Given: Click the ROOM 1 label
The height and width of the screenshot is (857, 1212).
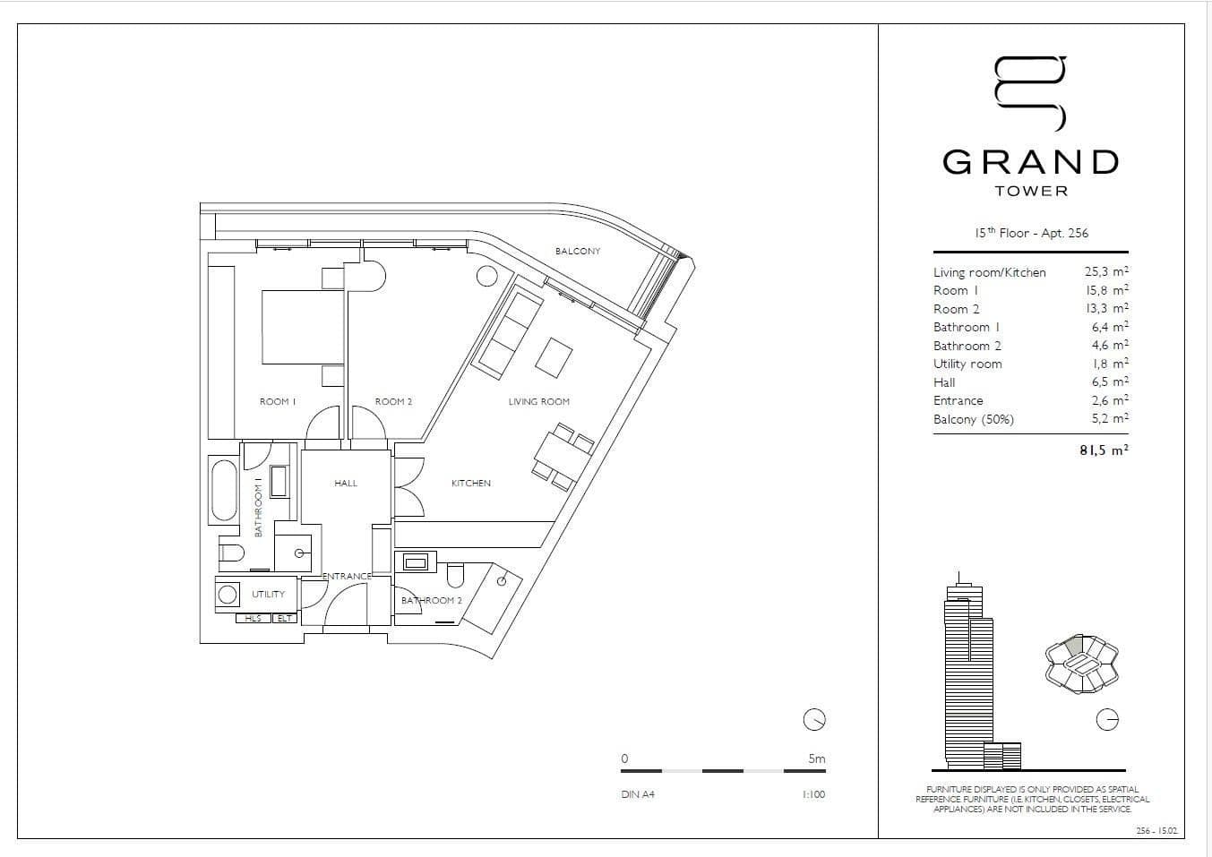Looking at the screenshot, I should [278, 402].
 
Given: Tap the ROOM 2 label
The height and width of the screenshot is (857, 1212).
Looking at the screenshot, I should [393, 402].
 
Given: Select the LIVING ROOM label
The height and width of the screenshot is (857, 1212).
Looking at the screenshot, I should [538, 402].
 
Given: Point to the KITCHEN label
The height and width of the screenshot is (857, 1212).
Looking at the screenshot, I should [470, 484].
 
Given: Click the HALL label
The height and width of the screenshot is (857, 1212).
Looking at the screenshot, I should [346, 484].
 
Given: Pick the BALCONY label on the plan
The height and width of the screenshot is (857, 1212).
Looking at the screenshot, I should [578, 252].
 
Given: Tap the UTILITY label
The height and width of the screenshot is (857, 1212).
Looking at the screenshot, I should [268, 595].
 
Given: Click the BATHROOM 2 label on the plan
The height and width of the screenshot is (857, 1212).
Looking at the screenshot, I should [431, 601].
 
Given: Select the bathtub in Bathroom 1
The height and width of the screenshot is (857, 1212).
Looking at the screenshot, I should [223, 490].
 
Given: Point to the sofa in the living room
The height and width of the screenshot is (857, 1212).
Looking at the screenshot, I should [507, 332].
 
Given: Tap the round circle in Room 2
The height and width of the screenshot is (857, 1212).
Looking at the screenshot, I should [486, 276].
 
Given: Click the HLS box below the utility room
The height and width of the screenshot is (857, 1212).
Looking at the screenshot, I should [253, 619].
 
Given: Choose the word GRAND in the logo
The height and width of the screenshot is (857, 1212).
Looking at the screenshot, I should [1031, 162].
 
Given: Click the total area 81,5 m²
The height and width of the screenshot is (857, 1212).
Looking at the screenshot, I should [1103, 450].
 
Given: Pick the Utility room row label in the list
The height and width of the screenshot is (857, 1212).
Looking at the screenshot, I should [967, 364].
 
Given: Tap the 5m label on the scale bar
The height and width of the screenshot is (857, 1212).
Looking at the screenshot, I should [816, 759].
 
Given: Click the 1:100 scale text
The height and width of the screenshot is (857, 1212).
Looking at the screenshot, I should [813, 794].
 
